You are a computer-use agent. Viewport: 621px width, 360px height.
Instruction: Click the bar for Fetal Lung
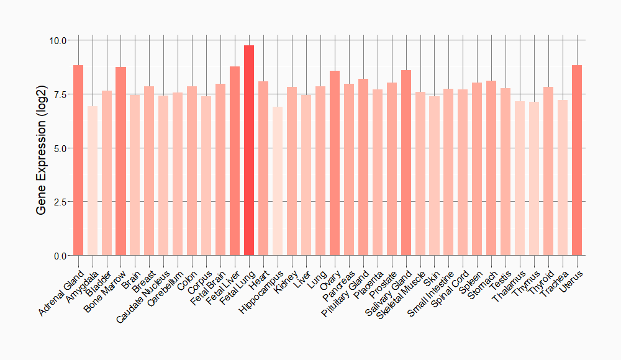point(249,150)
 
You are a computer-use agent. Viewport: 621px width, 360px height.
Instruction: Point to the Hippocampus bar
point(278,181)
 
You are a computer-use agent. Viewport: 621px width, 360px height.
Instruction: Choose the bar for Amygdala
point(93,181)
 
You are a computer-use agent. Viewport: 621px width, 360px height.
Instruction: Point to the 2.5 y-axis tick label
point(61,202)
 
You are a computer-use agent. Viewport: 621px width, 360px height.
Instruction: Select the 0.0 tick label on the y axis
point(61,256)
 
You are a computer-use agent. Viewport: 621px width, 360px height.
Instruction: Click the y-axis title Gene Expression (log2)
point(42,148)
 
